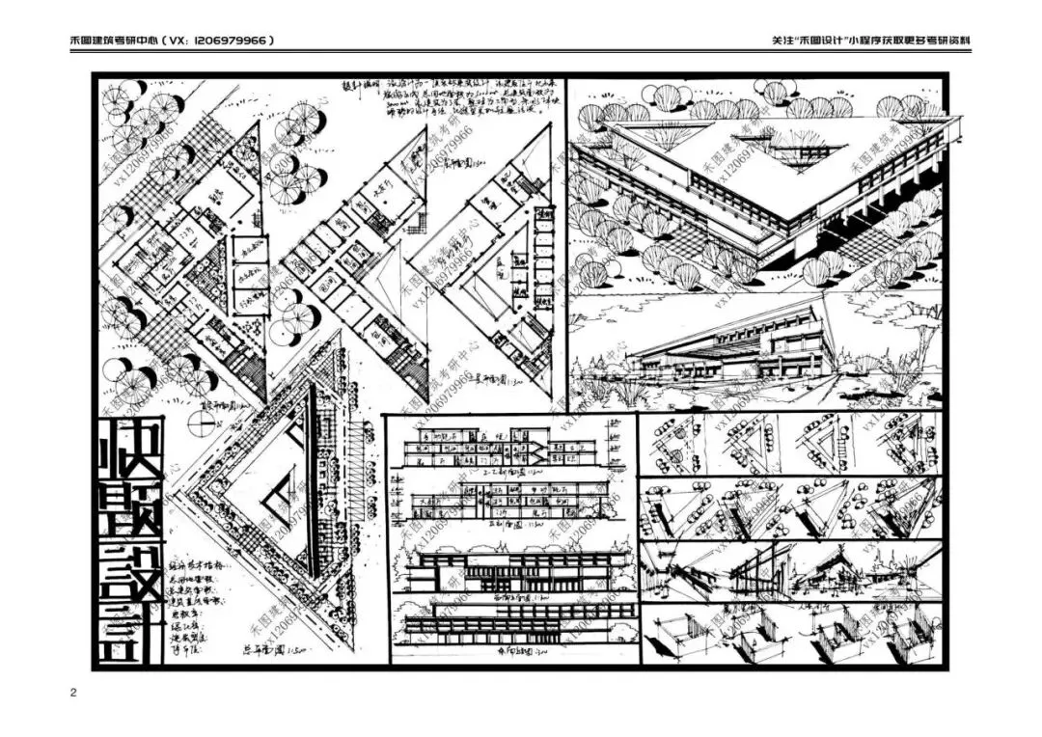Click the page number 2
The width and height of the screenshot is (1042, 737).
(73, 694)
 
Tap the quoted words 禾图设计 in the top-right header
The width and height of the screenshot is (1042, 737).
(826, 41)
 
